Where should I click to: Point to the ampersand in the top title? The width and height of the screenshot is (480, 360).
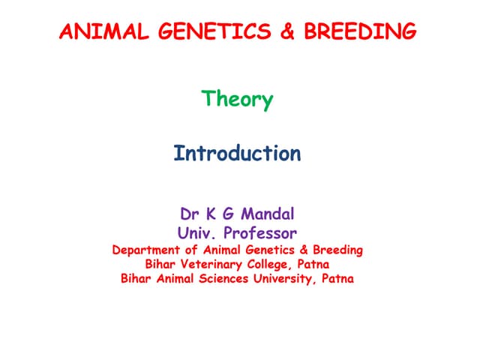[275, 31]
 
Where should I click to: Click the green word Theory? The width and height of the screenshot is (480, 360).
[238, 100]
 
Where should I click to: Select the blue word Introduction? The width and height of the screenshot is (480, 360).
[237, 154]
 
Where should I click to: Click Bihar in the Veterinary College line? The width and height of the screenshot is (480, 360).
[160, 265]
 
